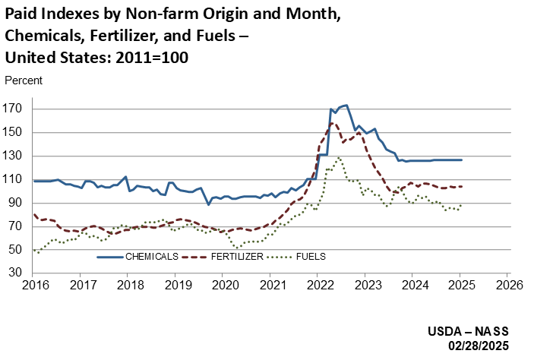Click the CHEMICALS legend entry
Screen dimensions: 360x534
click(152, 257)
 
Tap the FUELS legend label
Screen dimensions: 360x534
click(311, 257)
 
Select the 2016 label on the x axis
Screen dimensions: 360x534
click(35, 286)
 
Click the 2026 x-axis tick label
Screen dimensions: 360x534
click(506, 286)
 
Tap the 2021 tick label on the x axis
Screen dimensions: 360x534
click(270, 286)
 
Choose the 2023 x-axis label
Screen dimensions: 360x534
click(365, 286)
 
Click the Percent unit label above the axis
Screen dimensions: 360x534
click(23, 80)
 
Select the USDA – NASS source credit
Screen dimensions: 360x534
click(472, 331)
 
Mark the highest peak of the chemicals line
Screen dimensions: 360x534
click(346, 106)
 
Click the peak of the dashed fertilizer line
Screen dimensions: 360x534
click(331, 122)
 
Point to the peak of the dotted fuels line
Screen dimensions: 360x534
click(339, 157)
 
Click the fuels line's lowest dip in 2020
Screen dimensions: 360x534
click(238, 248)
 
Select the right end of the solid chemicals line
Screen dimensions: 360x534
click(461, 160)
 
